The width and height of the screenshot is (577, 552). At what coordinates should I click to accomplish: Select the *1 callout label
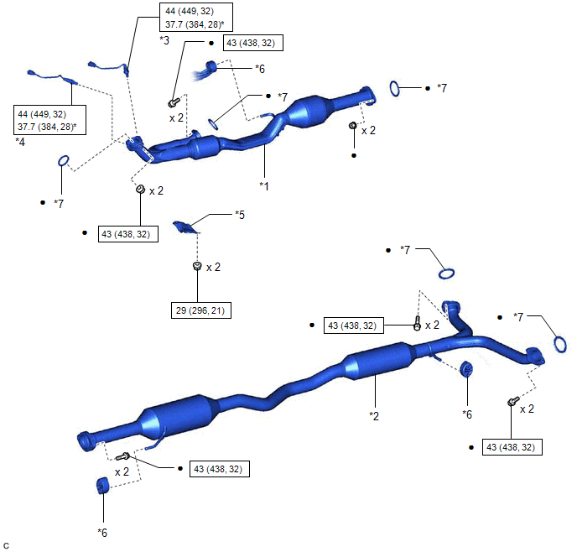pyautogui.click(x=264, y=186)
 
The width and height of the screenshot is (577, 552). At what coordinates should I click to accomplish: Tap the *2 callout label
pyautogui.click(x=374, y=416)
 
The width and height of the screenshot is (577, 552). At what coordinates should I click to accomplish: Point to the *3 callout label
pyautogui.click(x=164, y=40)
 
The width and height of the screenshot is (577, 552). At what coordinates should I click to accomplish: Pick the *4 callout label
pyautogui.click(x=20, y=142)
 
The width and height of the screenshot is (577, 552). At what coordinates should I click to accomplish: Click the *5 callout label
pyautogui.click(x=240, y=215)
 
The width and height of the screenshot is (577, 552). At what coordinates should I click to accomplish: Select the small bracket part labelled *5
pyautogui.click(x=186, y=227)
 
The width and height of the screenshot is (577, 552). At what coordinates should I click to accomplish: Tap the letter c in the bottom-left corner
pyautogui.click(x=6, y=545)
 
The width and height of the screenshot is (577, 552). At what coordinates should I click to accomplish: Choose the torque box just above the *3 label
pyautogui.click(x=196, y=18)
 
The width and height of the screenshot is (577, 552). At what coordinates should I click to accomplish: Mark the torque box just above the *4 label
pyautogui.click(x=49, y=120)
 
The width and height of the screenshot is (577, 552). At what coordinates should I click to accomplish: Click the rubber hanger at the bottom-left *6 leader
pyautogui.click(x=102, y=486)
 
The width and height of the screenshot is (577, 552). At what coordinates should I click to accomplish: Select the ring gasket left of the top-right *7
pyautogui.click(x=394, y=89)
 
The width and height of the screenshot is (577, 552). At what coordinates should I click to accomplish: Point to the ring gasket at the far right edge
pyautogui.click(x=560, y=345)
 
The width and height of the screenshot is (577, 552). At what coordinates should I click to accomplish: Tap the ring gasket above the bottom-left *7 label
pyautogui.click(x=63, y=161)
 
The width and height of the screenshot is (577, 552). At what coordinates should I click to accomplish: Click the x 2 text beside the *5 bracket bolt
pyautogui.click(x=213, y=267)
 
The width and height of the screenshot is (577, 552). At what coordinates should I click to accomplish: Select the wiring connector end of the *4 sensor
pyautogui.click(x=32, y=72)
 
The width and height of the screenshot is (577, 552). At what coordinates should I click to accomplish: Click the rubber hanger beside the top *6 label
pyautogui.click(x=211, y=67)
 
